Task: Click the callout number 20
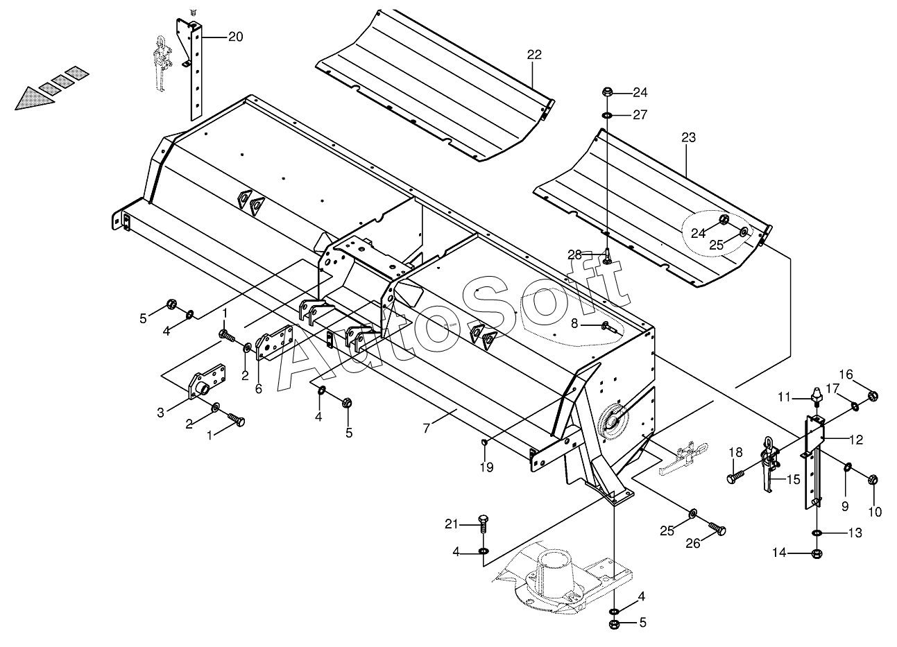click(235, 37)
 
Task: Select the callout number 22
click(534, 55)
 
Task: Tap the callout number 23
click(688, 138)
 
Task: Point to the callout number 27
click(640, 115)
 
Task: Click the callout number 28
click(574, 255)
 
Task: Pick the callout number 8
click(574, 323)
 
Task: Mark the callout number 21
click(452, 524)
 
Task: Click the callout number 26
click(693, 544)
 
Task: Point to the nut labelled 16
click(873, 397)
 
